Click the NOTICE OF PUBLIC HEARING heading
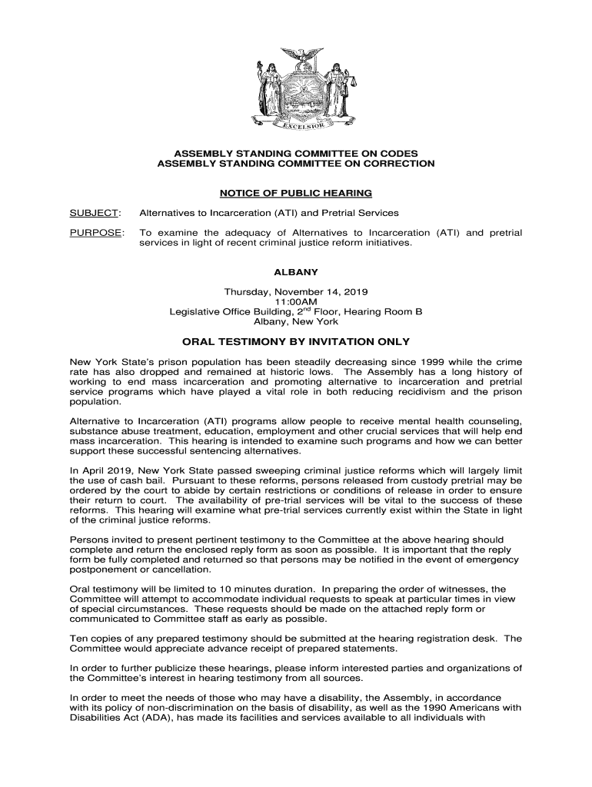[296, 193]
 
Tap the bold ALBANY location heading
[296, 272]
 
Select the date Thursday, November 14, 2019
[296, 292]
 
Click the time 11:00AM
[296, 302]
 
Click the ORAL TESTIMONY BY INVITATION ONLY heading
[296, 342]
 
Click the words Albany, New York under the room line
[296, 322]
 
